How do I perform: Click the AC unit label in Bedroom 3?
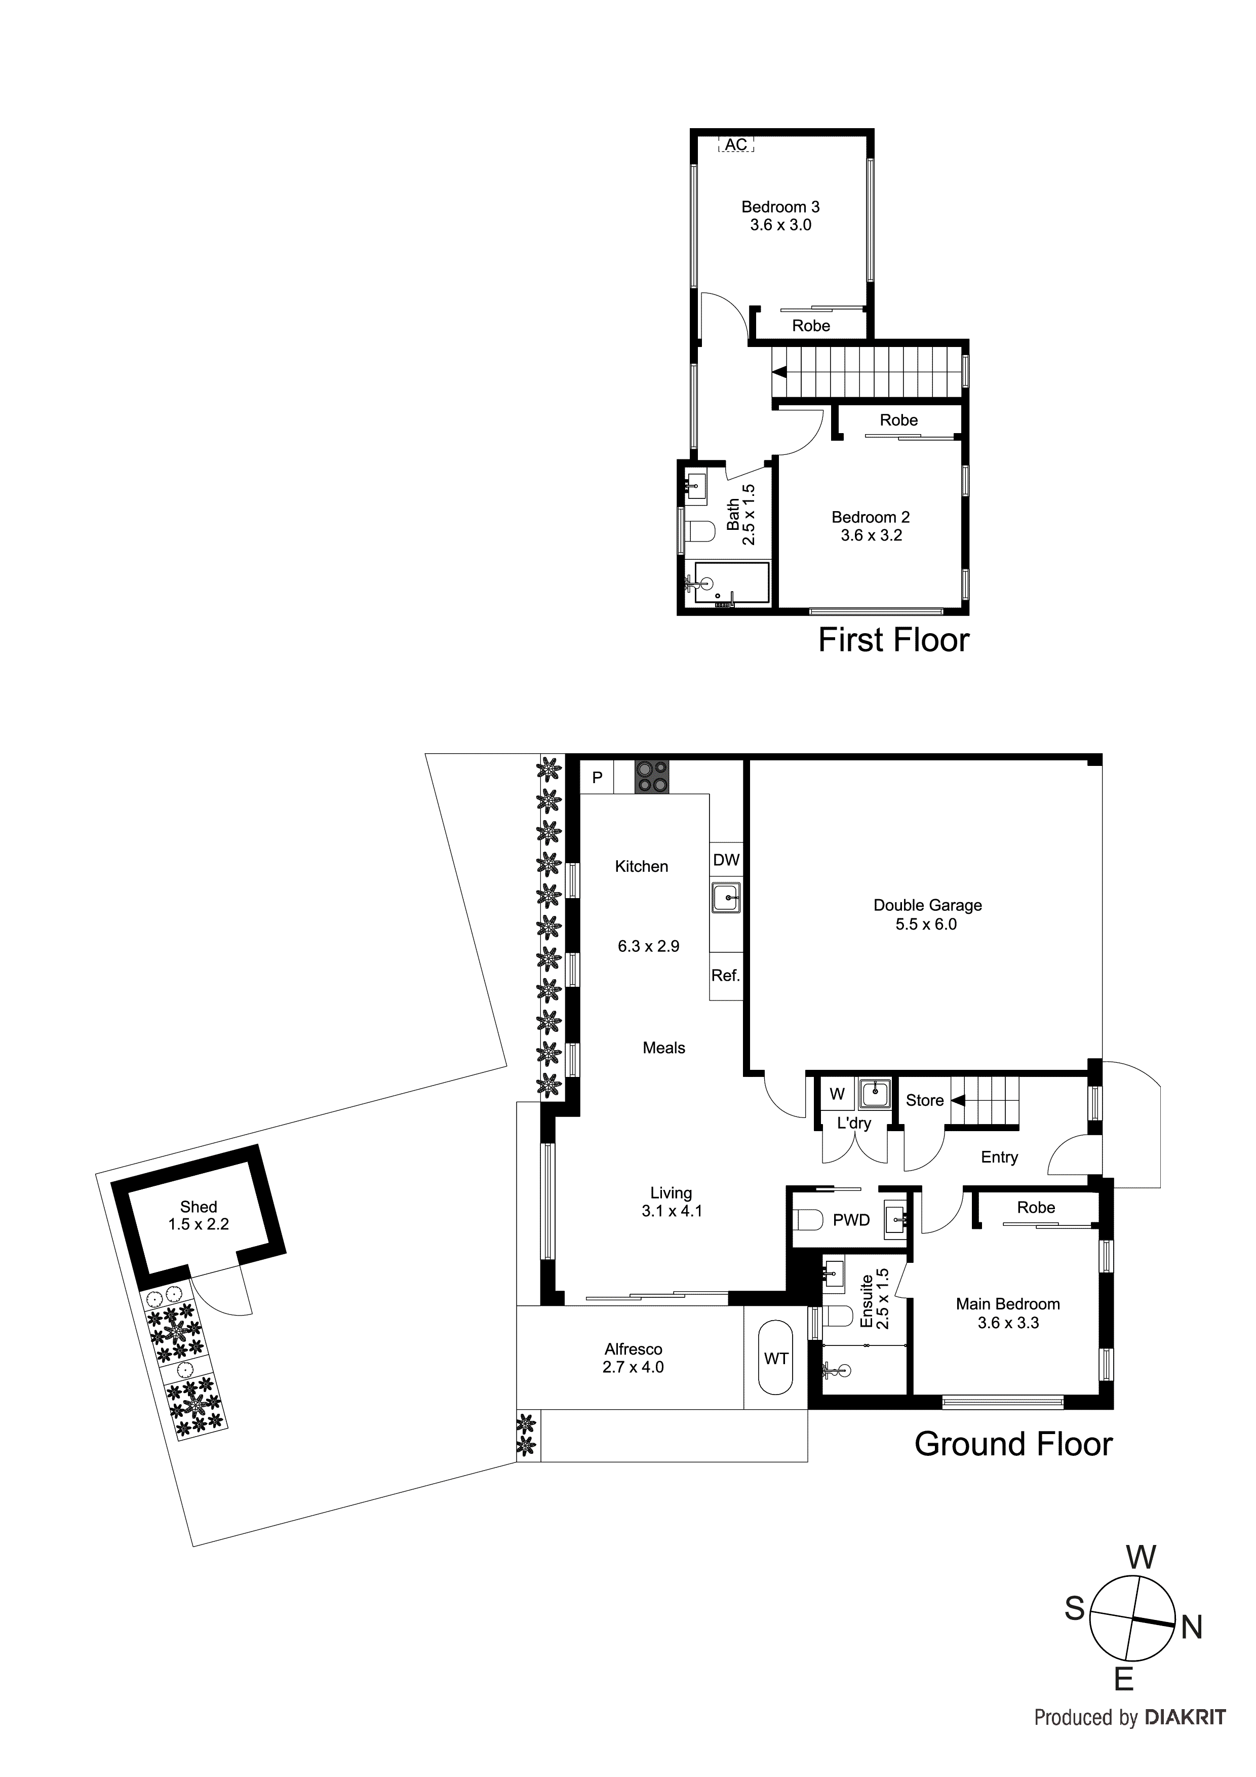736,145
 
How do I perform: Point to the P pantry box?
597,777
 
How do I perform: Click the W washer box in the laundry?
837,1094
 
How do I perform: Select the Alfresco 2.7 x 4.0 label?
633,1358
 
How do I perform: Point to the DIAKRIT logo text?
1185,1717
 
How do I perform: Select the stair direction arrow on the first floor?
780,372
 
